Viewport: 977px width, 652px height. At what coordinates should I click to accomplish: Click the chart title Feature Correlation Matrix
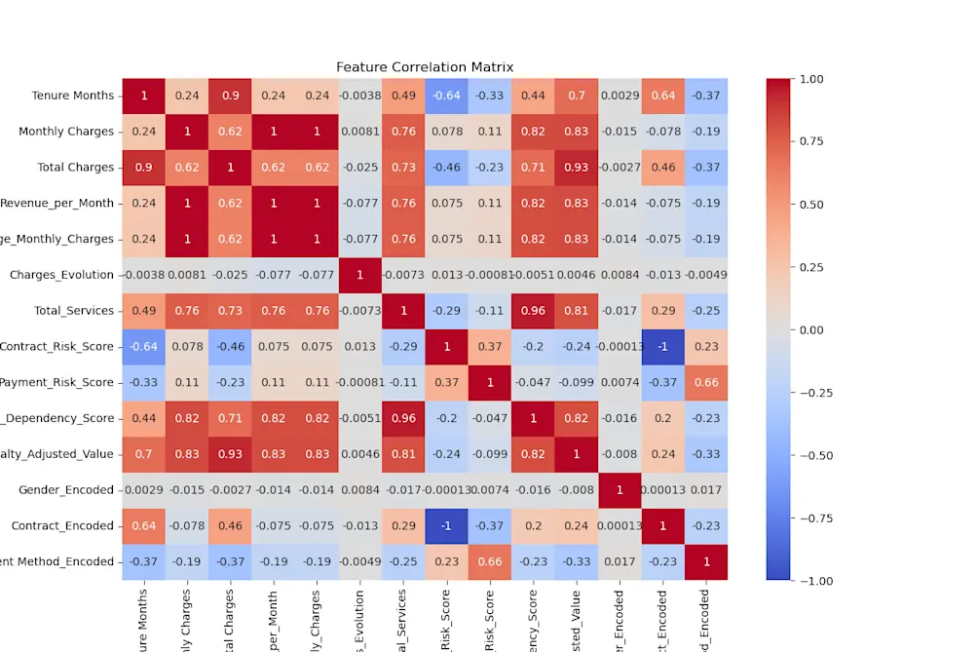tap(425, 67)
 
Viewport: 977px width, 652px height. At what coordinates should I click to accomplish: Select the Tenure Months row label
tap(72, 96)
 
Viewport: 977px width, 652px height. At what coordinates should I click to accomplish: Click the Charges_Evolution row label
tap(61, 275)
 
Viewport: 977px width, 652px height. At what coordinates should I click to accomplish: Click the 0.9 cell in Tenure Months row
tap(231, 96)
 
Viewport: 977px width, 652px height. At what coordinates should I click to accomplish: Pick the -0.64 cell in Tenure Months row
tap(446, 96)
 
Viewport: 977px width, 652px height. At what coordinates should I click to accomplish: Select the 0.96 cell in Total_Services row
tap(533, 310)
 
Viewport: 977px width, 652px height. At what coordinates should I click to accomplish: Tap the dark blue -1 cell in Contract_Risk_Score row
tap(662, 346)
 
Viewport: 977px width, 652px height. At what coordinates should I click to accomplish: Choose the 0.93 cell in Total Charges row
tap(576, 167)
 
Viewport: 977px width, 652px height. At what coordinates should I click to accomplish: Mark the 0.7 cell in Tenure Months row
tap(576, 96)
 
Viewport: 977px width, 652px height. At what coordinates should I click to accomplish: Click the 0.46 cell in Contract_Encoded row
tap(231, 525)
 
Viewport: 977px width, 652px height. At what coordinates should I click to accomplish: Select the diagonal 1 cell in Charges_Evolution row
tap(359, 275)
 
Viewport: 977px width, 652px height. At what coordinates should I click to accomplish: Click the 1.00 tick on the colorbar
tap(812, 79)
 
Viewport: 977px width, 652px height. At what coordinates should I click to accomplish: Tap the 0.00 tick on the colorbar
tap(812, 329)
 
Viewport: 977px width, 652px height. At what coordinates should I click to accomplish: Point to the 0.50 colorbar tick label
tap(812, 205)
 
